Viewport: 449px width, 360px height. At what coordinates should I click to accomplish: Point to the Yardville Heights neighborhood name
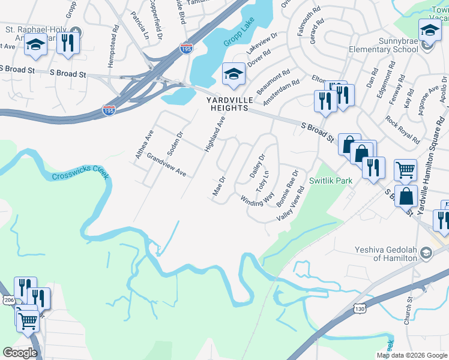(228, 104)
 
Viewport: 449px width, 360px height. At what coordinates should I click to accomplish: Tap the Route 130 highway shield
(359, 308)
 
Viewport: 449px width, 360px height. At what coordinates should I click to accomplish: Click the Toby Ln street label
(261, 181)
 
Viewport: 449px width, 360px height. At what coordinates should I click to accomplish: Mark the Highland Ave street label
(215, 134)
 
